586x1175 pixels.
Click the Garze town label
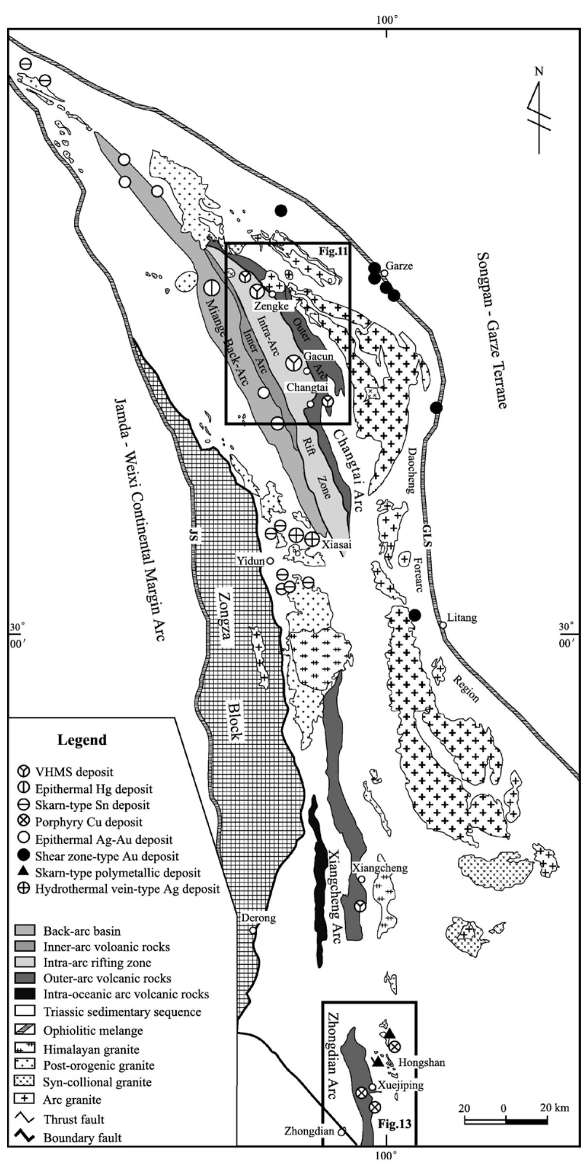click(x=399, y=266)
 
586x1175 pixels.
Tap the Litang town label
click(x=462, y=618)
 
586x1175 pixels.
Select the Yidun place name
click(x=250, y=561)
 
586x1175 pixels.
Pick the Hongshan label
click(x=421, y=1062)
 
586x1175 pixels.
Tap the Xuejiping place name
click(x=401, y=1085)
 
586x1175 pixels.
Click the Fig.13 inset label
click(x=394, y=1124)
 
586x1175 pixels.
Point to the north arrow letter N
click(x=539, y=72)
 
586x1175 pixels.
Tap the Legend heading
click(x=82, y=740)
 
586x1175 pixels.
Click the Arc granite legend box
click(x=24, y=1100)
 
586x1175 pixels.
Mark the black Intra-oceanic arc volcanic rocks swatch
click(x=24, y=994)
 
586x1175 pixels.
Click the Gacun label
click(x=318, y=357)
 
